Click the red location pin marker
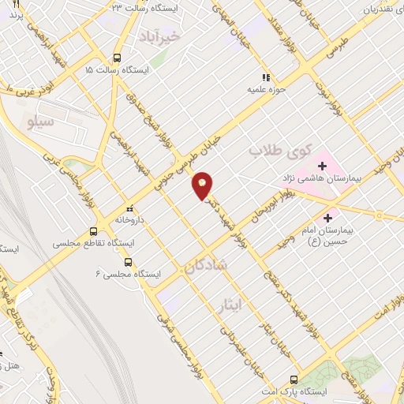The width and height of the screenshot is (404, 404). coord(203,185)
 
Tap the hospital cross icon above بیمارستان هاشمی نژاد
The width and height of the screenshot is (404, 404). coord(322,167)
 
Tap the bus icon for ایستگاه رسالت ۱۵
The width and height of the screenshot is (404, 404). coord(117,58)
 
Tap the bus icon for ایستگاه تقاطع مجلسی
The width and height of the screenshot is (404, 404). coord(94,232)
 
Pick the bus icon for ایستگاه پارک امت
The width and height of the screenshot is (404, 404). coord(294,380)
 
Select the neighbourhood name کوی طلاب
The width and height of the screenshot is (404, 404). coord(280,150)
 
